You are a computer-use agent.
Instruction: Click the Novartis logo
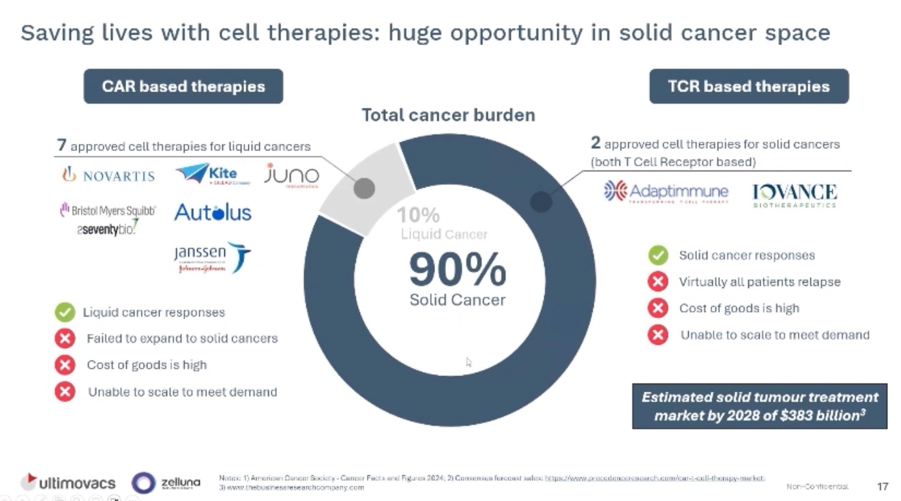pyautogui.click(x=108, y=175)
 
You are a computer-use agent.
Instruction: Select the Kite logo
pyautogui.click(x=212, y=174)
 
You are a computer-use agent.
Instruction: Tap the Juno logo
pyautogui.click(x=291, y=176)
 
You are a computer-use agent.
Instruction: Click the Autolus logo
pyautogui.click(x=212, y=212)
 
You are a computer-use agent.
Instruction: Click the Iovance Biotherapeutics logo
pyautogui.click(x=794, y=194)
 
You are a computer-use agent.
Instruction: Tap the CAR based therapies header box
pyautogui.click(x=183, y=87)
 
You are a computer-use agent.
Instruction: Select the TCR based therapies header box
pyautogui.click(x=748, y=87)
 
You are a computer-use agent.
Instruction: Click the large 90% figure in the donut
pyautogui.click(x=457, y=270)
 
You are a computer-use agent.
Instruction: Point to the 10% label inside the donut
pyautogui.click(x=418, y=215)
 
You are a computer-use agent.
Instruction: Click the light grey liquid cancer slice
pyautogui.click(x=364, y=188)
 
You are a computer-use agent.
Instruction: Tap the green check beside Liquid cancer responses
pyautogui.click(x=65, y=313)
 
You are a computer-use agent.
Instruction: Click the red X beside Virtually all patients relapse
pyautogui.click(x=658, y=282)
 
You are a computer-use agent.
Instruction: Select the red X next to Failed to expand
pyautogui.click(x=65, y=339)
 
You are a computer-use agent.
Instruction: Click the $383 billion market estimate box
pyautogui.click(x=759, y=406)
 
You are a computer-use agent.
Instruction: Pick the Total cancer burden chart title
pyautogui.click(x=448, y=115)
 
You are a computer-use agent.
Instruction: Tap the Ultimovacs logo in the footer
pyautogui.click(x=68, y=483)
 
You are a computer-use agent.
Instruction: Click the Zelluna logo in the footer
pyautogui.click(x=166, y=483)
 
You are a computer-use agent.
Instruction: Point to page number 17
pyautogui.click(x=882, y=487)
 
